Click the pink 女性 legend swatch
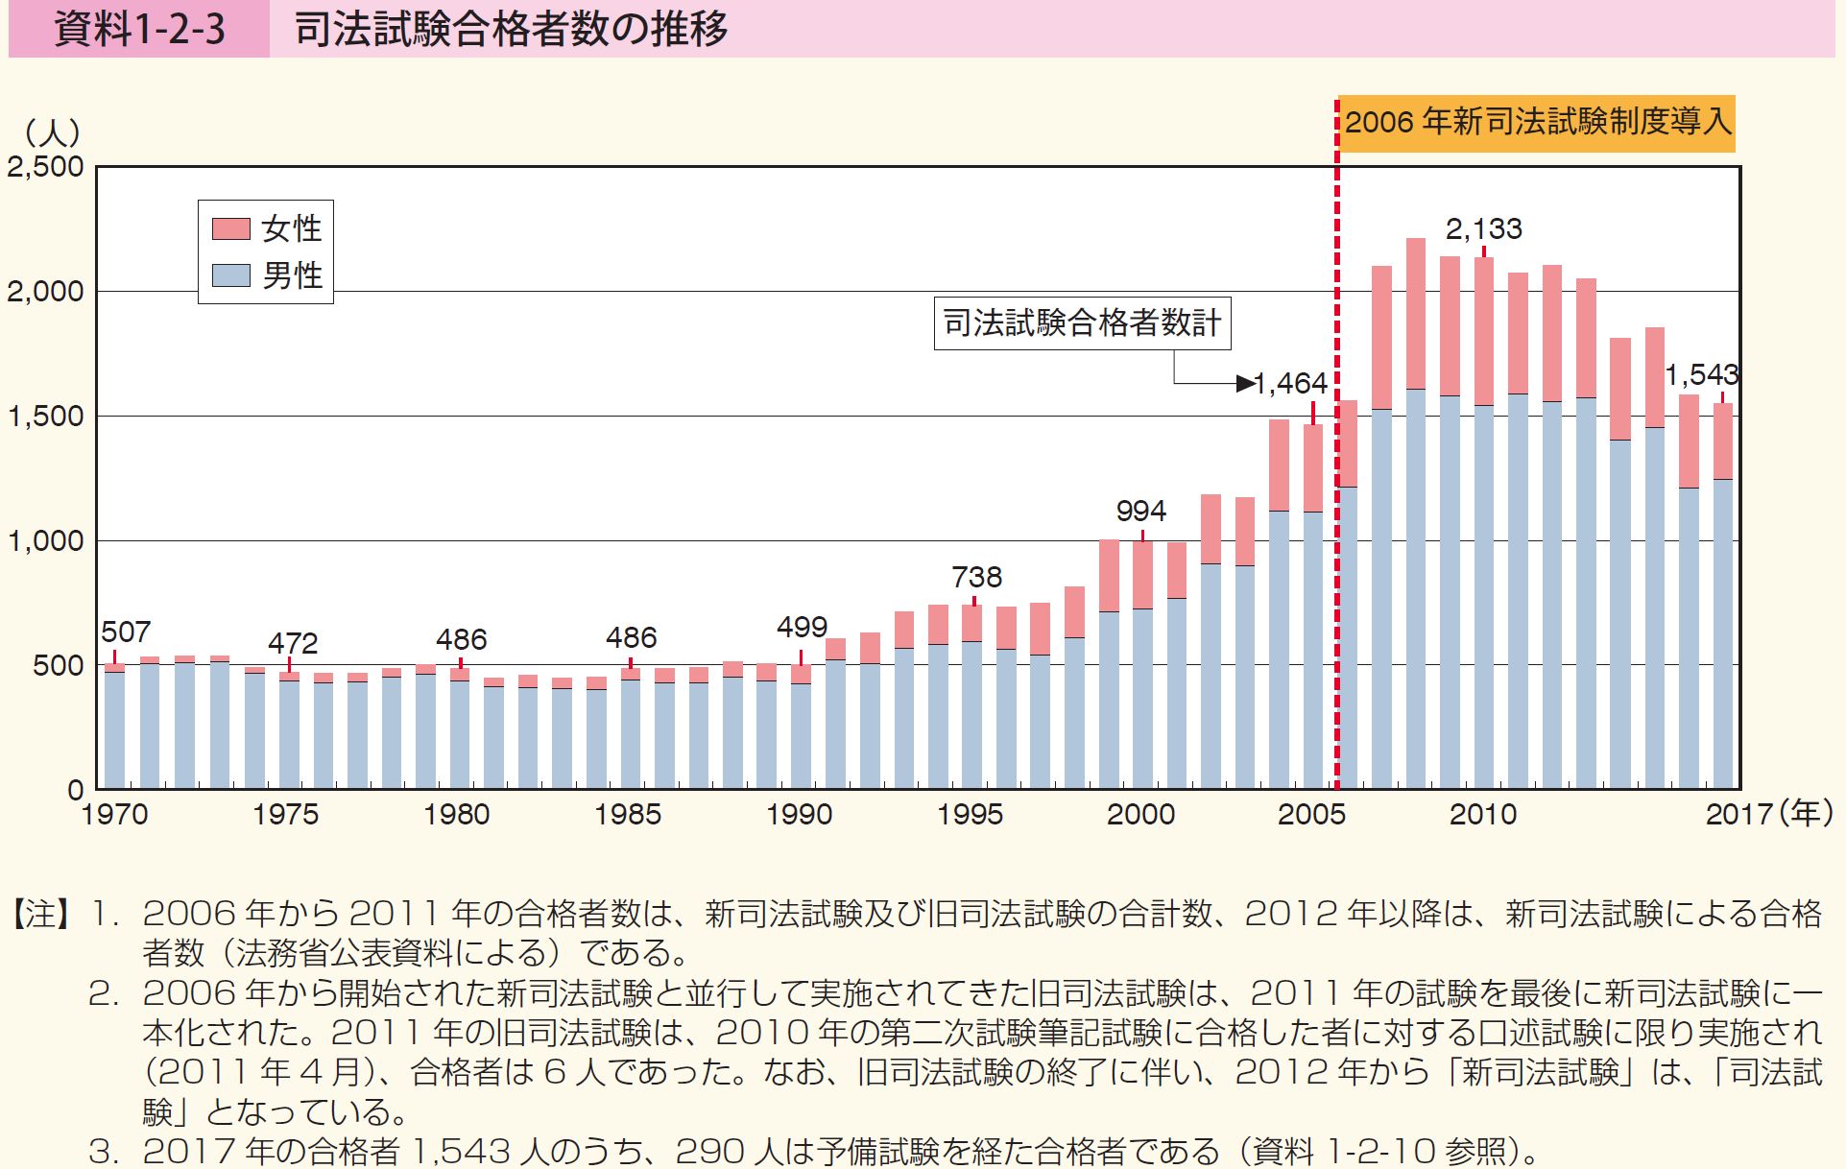230,228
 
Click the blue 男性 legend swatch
230,275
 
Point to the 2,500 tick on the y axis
46,167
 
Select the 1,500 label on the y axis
46,417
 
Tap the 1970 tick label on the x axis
115,815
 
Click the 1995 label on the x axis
971,815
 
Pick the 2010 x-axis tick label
1483,815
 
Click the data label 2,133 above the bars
1484,228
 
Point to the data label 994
1141,511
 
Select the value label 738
976,577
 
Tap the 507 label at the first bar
126,632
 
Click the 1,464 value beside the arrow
1290,384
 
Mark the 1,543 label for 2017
1701,374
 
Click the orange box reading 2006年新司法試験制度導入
1537,123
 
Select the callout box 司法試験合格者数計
1082,322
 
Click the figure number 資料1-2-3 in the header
139,30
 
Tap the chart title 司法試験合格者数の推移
511,30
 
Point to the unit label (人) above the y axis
53,131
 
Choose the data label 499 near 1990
802,628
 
